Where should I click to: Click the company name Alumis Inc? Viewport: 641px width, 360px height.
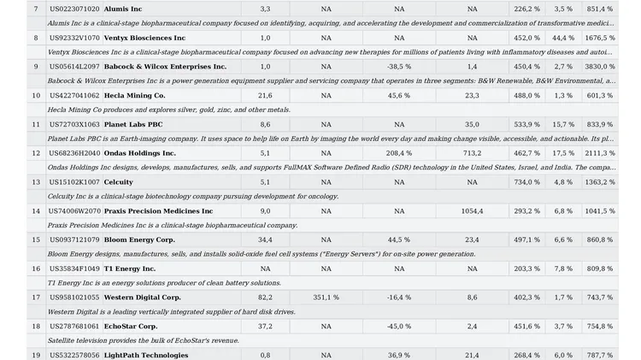(x=123, y=9)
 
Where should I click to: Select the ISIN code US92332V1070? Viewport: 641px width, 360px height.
(x=74, y=38)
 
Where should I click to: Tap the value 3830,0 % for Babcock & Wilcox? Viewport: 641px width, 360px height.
(x=599, y=66)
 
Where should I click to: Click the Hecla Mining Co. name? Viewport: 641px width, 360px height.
(x=134, y=95)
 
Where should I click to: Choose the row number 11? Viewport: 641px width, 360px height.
(x=36, y=124)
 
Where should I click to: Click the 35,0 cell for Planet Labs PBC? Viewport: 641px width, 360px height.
(x=472, y=124)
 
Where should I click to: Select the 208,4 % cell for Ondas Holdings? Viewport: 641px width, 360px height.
(x=398, y=153)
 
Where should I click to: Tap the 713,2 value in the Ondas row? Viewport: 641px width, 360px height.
(x=472, y=153)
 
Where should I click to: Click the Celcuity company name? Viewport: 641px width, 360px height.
(x=118, y=182)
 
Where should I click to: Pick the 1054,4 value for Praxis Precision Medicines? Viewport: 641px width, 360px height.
(x=472, y=210)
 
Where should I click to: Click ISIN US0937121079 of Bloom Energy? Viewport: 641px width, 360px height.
(x=74, y=239)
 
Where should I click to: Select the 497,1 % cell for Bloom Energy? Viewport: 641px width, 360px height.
(x=526, y=239)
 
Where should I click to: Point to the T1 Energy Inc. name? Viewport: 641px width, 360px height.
(x=130, y=269)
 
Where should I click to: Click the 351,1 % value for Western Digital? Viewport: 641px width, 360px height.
(x=326, y=298)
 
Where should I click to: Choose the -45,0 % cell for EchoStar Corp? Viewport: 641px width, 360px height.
(x=398, y=326)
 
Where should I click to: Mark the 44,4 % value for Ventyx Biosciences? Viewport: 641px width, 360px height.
(x=563, y=38)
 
